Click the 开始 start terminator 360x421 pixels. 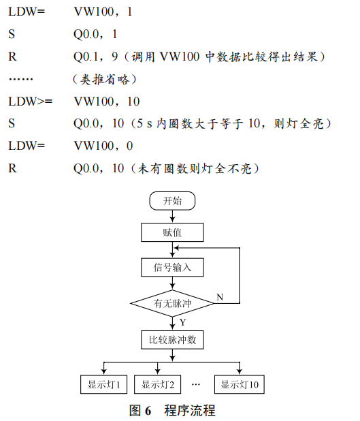click(172, 201)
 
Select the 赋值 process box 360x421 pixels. click(172, 233)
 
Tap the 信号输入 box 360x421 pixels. click(172, 267)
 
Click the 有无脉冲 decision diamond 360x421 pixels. click(172, 303)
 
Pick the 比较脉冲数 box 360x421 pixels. click(172, 339)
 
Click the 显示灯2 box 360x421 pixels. click(157, 384)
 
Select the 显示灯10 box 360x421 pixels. click(240, 384)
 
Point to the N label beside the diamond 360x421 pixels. click(219, 297)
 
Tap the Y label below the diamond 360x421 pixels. click(182, 322)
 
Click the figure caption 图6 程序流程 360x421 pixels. click(172, 410)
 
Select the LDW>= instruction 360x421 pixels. click(29, 102)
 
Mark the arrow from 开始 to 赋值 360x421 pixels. click(172, 217)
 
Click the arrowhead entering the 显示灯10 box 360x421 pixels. click(240, 371)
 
